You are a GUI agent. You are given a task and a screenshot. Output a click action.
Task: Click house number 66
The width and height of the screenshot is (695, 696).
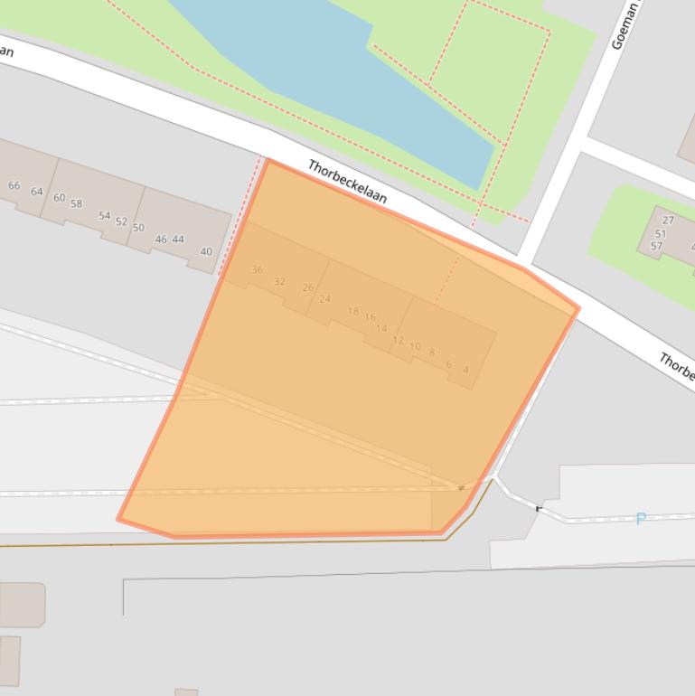point(14,185)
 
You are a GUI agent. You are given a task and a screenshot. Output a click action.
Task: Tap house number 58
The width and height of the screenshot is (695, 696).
point(76,203)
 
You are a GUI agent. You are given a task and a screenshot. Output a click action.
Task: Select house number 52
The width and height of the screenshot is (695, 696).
point(121,221)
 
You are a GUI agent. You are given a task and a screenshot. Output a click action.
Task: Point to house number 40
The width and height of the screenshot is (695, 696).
point(206,251)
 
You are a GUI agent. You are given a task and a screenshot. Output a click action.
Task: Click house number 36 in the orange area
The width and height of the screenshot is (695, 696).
point(257,269)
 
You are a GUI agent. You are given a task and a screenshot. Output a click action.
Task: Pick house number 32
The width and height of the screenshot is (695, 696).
point(279,281)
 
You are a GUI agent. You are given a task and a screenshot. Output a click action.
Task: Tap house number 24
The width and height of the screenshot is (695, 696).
point(324,298)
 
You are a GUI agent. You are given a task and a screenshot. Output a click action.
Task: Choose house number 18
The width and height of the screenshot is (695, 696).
point(352,311)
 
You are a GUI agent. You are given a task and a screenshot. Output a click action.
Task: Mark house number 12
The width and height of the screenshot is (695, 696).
point(398,340)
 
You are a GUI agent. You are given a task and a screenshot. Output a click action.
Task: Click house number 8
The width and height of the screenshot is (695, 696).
point(432,353)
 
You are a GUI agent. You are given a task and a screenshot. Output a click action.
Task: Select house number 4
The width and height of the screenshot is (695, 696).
point(465,369)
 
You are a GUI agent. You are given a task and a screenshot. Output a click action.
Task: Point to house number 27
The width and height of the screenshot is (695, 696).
point(668,220)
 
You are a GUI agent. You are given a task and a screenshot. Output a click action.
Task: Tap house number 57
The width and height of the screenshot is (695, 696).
point(656,246)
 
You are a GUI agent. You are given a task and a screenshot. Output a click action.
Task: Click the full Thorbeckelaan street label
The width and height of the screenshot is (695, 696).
point(347,181)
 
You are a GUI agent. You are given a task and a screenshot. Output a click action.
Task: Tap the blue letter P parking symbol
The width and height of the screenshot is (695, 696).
point(641,519)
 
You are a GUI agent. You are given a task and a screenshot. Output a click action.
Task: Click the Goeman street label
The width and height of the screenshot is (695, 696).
point(625,25)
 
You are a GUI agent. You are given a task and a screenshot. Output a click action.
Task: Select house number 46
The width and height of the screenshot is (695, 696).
point(161,240)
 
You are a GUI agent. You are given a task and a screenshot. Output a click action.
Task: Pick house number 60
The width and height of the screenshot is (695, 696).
point(59,197)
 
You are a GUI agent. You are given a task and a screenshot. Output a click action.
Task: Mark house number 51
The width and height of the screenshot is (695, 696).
point(660,233)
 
